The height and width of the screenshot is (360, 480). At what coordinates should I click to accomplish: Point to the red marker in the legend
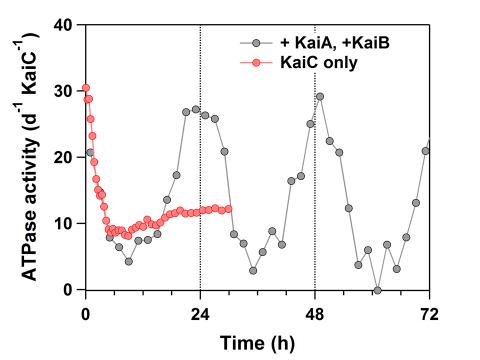click(257, 63)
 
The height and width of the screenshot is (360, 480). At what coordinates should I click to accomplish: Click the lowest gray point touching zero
click(377, 290)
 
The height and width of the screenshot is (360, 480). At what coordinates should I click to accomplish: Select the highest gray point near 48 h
click(320, 97)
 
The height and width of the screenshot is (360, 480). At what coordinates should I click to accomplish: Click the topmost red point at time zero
click(86, 88)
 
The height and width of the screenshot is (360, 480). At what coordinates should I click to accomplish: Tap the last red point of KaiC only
click(229, 209)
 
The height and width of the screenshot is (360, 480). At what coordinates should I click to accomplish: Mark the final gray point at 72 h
click(426, 151)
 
